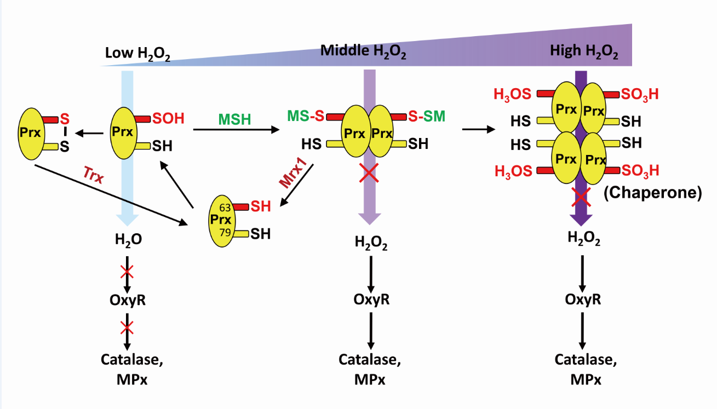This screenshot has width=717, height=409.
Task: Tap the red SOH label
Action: point(168,118)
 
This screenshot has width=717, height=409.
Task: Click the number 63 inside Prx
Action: point(224,208)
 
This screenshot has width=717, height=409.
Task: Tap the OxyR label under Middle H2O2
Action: point(371,299)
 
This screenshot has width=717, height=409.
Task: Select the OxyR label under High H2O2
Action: point(583,299)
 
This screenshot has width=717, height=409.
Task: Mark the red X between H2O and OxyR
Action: point(127,271)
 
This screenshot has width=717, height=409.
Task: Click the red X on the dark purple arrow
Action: point(582,195)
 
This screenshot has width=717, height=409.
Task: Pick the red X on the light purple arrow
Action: point(369,174)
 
